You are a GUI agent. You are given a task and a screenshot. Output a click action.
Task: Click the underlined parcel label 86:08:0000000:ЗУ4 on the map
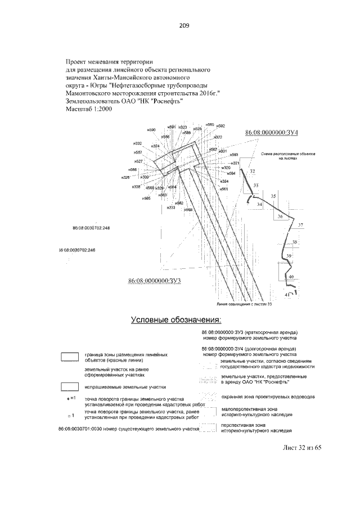tap(272, 132)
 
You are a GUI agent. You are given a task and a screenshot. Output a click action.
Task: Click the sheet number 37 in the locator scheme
tap(300, 226)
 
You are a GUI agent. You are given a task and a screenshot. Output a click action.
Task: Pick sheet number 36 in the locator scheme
tap(280, 217)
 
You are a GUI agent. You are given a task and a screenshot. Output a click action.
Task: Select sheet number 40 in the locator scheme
tap(291, 277)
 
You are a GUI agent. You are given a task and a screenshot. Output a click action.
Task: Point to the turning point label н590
tap(151, 130)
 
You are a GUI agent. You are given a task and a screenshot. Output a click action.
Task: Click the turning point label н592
tap(220, 125)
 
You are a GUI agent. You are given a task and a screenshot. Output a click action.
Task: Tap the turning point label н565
tap(146, 199)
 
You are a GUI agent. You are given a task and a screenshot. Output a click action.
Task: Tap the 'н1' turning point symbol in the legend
tap(70, 398)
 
